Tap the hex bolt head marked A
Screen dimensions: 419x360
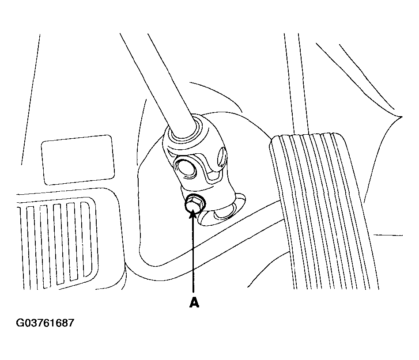point(194,204)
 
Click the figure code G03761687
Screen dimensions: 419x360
point(45,323)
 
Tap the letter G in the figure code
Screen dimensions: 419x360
point(20,323)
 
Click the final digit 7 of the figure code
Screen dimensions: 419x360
point(70,323)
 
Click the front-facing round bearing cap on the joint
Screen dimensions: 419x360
point(185,169)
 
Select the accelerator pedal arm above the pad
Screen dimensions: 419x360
point(297,83)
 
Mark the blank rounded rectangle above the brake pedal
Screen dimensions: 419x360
point(78,160)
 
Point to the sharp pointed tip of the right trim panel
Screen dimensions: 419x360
point(401,117)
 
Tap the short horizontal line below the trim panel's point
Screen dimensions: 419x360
point(388,235)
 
